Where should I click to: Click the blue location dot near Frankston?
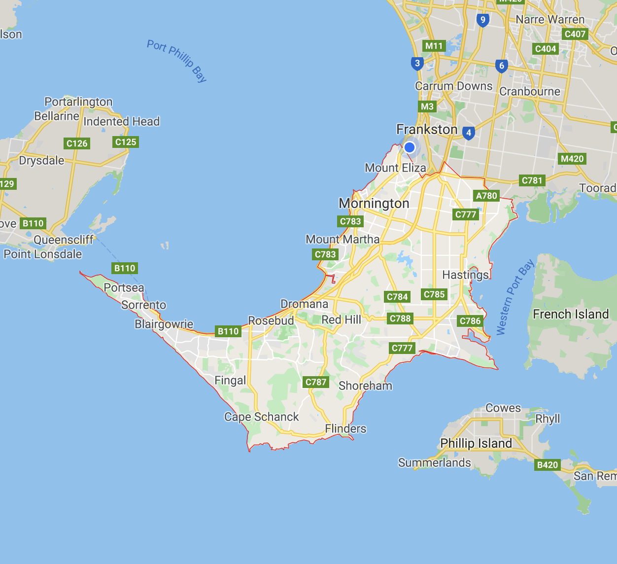click(x=410, y=147)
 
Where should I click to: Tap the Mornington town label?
click(x=374, y=204)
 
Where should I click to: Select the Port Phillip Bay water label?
click(x=177, y=61)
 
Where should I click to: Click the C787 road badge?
click(x=316, y=382)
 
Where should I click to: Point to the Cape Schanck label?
click(x=261, y=417)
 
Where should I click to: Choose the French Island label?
click(x=571, y=314)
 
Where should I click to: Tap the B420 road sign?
click(x=548, y=464)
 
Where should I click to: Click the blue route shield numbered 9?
click(x=482, y=20)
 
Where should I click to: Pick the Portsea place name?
click(x=124, y=287)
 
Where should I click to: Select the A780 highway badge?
click(x=486, y=196)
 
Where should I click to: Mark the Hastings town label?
click(x=466, y=275)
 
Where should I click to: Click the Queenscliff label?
click(x=64, y=240)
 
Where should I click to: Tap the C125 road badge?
click(x=126, y=142)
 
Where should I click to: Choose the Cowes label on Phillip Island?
click(x=503, y=408)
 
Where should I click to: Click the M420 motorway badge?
click(x=572, y=159)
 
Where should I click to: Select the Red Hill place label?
click(x=341, y=319)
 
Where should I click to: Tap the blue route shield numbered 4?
click(x=468, y=133)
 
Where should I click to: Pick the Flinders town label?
click(x=345, y=429)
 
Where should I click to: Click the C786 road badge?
click(x=470, y=321)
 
